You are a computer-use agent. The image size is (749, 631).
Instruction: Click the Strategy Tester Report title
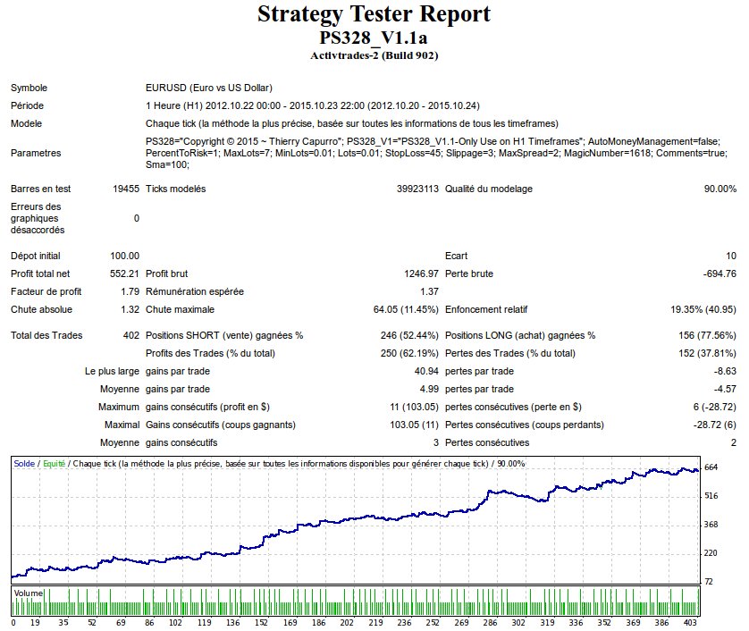coord(374,15)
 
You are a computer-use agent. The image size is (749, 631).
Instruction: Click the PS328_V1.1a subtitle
coord(374,38)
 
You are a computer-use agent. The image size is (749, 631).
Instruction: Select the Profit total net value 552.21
coord(123,273)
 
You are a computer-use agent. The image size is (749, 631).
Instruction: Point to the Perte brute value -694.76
coord(715,273)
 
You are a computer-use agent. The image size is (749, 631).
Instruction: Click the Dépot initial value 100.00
coord(124,257)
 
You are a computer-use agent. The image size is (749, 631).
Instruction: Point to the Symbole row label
coord(29,88)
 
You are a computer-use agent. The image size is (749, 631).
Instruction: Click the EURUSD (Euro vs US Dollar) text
coord(208,88)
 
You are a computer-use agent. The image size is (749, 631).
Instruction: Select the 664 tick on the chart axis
coord(711,467)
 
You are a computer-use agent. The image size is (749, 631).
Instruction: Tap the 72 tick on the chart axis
coord(709,582)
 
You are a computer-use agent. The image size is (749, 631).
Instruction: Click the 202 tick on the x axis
coord(347,622)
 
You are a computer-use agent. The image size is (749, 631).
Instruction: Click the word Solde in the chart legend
coord(24,464)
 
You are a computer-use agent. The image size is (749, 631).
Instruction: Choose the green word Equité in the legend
coord(53,464)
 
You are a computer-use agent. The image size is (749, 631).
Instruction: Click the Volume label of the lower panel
coord(28,593)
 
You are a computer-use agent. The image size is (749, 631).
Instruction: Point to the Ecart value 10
coord(731,257)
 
